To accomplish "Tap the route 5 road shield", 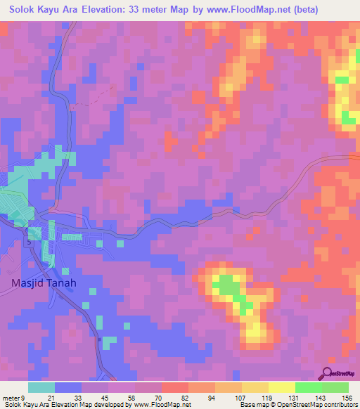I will click(x=29, y=242).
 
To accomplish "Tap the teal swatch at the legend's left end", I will click(x=41, y=387).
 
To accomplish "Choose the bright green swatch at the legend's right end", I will click(x=335, y=387).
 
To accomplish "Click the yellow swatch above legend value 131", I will click(x=282, y=387).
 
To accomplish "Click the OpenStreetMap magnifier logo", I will click(x=328, y=372).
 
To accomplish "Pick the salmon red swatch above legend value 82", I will click(x=175, y=387).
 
